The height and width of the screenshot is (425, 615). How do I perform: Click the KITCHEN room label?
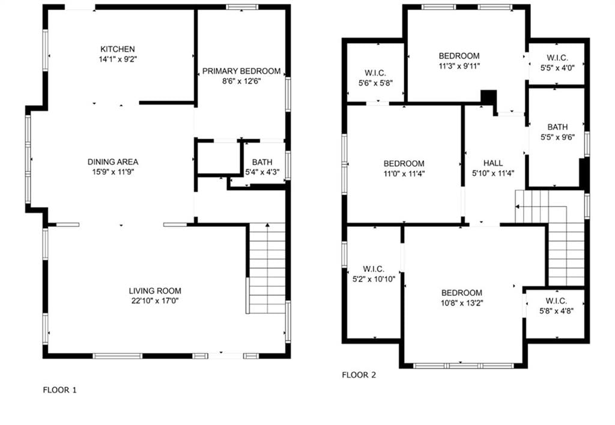pos(118,49)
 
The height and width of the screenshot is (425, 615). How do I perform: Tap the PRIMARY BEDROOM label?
pos(241,71)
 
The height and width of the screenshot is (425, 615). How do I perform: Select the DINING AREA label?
pos(113,161)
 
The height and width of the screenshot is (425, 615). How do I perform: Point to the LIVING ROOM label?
pos(155,291)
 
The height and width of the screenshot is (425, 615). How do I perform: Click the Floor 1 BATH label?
pos(262,162)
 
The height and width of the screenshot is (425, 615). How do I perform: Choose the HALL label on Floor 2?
pos(493,163)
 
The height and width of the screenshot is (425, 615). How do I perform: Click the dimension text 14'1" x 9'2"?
pos(118,59)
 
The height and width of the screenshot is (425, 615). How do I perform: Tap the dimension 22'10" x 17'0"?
pos(155,301)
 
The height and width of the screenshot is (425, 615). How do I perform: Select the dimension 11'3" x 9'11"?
pos(459,66)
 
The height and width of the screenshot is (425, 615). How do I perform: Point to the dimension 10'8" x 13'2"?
pos(462,303)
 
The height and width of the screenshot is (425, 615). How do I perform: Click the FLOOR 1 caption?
pos(59,390)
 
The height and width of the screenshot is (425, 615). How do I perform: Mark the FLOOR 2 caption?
pos(359,375)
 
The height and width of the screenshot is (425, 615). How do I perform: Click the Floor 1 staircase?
pos(267,268)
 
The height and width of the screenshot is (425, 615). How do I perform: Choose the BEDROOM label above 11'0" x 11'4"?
pos(404,163)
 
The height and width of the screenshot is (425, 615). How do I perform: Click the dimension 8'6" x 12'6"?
pos(241,81)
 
